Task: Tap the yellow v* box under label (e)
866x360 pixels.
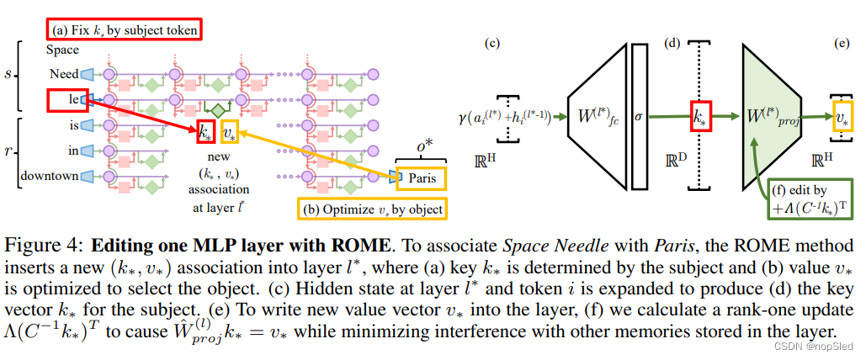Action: tap(841, 119)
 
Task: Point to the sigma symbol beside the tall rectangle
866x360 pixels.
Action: tap(638, 118)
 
